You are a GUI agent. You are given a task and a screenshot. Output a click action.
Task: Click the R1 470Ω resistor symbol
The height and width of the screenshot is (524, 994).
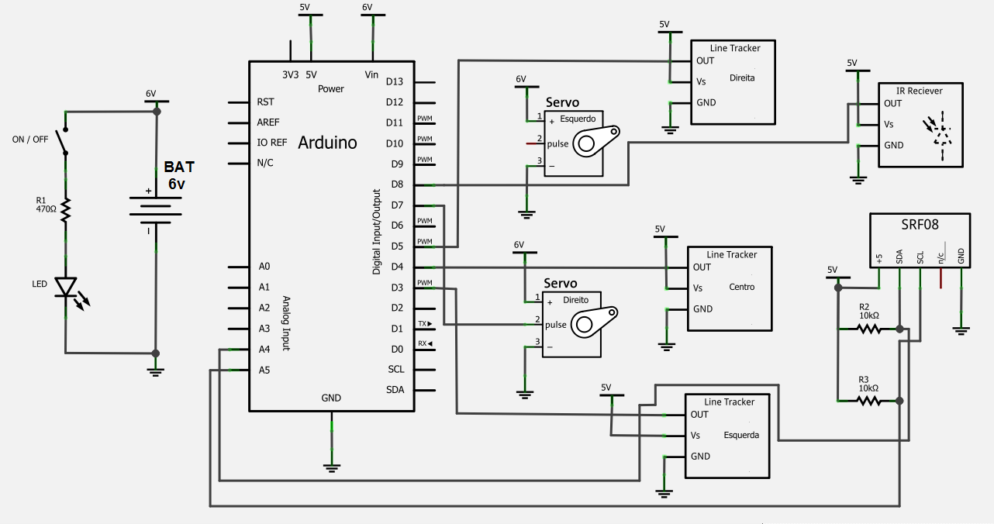(66, 210)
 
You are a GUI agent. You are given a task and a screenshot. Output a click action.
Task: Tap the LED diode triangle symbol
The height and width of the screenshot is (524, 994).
(66, 287)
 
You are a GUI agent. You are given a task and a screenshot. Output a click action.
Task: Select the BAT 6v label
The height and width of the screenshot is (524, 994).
(178, 175)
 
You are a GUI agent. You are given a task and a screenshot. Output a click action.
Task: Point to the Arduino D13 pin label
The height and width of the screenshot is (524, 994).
(394, 81)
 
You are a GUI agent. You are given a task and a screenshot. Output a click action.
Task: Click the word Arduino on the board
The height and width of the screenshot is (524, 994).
(327, 143)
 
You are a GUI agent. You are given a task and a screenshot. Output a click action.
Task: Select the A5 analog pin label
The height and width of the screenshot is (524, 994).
(264, 370)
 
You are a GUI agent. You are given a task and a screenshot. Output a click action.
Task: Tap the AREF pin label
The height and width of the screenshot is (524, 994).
(267, 122)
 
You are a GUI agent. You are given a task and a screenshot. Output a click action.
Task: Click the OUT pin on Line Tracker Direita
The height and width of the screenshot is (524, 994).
(705, 60)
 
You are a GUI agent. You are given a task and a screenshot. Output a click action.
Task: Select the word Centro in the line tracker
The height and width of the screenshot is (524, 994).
(741, 287)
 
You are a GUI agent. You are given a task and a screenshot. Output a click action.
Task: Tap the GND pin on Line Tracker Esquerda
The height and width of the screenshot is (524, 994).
(701, 456)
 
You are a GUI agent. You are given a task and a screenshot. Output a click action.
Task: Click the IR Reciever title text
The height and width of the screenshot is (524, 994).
(919, 91)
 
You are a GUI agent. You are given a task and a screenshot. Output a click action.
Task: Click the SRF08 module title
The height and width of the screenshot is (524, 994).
(919, 226)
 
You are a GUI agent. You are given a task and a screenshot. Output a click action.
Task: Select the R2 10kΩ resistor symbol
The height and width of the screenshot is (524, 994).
(869, 329)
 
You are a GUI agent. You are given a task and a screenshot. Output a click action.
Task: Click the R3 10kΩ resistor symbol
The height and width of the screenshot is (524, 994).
(869, 401)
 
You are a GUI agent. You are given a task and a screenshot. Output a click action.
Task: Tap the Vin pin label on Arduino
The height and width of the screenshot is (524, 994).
(371, 74)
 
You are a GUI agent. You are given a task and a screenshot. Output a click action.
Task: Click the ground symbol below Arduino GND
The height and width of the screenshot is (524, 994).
(331, 467)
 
